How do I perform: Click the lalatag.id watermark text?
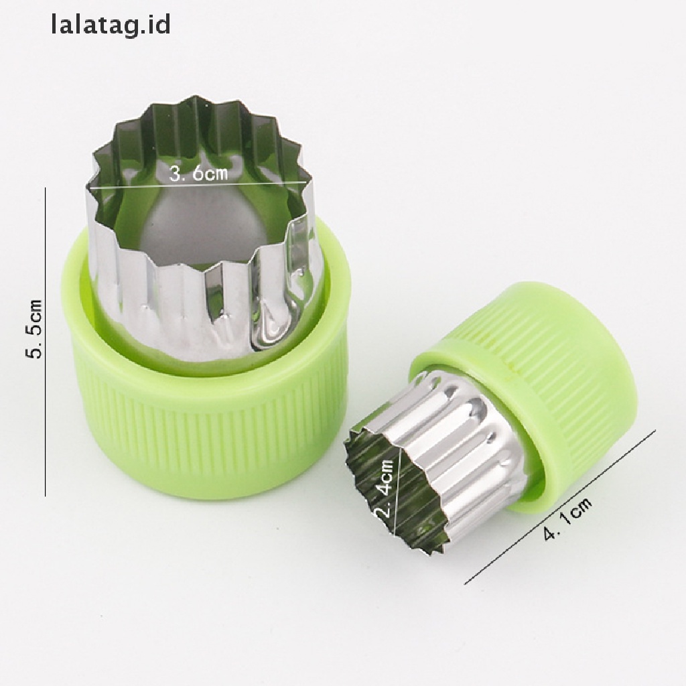(111, 25)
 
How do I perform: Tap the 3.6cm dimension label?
(198, 174)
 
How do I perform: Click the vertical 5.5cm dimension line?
(46, 342)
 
